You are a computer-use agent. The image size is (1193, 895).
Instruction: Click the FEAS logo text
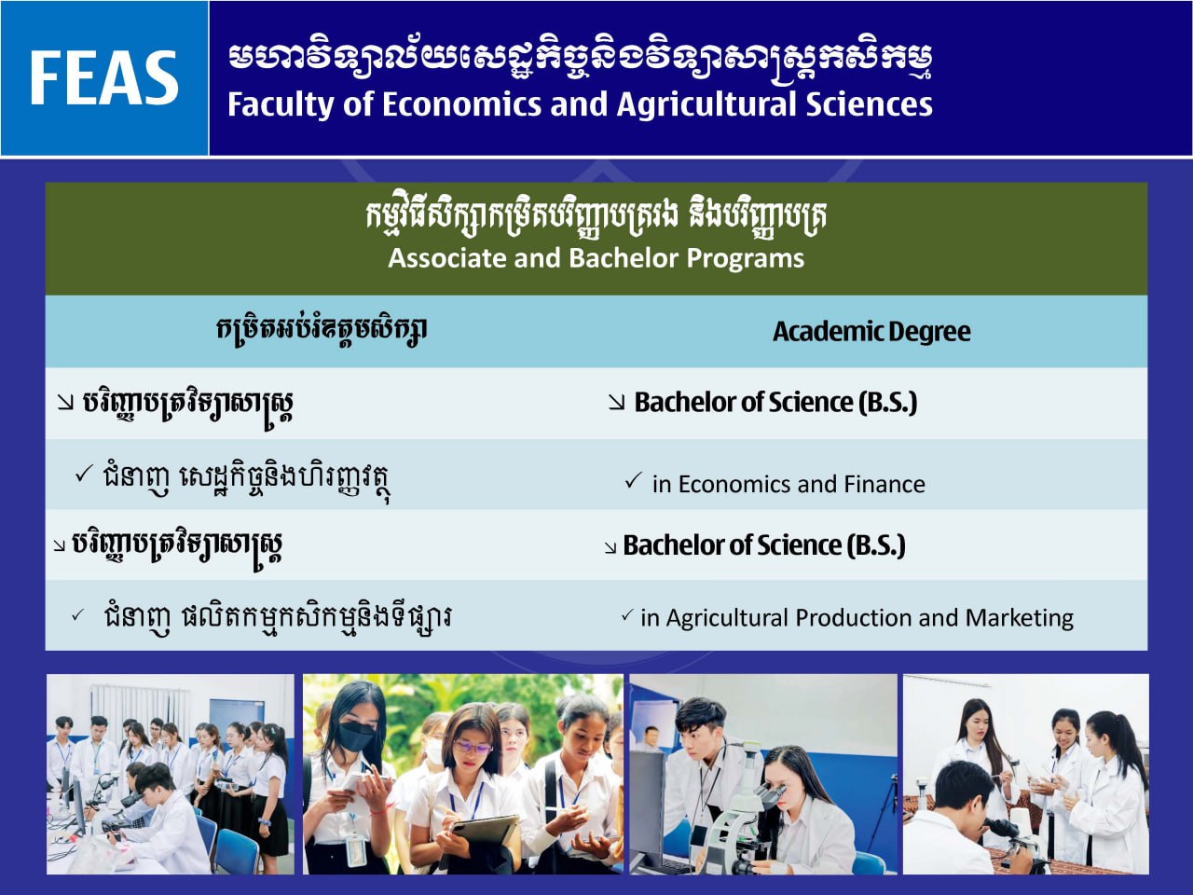103,77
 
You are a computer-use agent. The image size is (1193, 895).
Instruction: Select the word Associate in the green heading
446,257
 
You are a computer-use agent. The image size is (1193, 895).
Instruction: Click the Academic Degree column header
871,332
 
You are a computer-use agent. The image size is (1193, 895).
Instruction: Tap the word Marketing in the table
1019,618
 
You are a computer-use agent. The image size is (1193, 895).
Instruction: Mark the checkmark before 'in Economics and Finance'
633,480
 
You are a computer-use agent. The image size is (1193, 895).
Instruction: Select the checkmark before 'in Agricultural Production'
627,615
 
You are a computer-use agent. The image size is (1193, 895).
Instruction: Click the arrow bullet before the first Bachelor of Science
616,403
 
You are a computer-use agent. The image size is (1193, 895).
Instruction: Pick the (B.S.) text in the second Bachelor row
876,545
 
